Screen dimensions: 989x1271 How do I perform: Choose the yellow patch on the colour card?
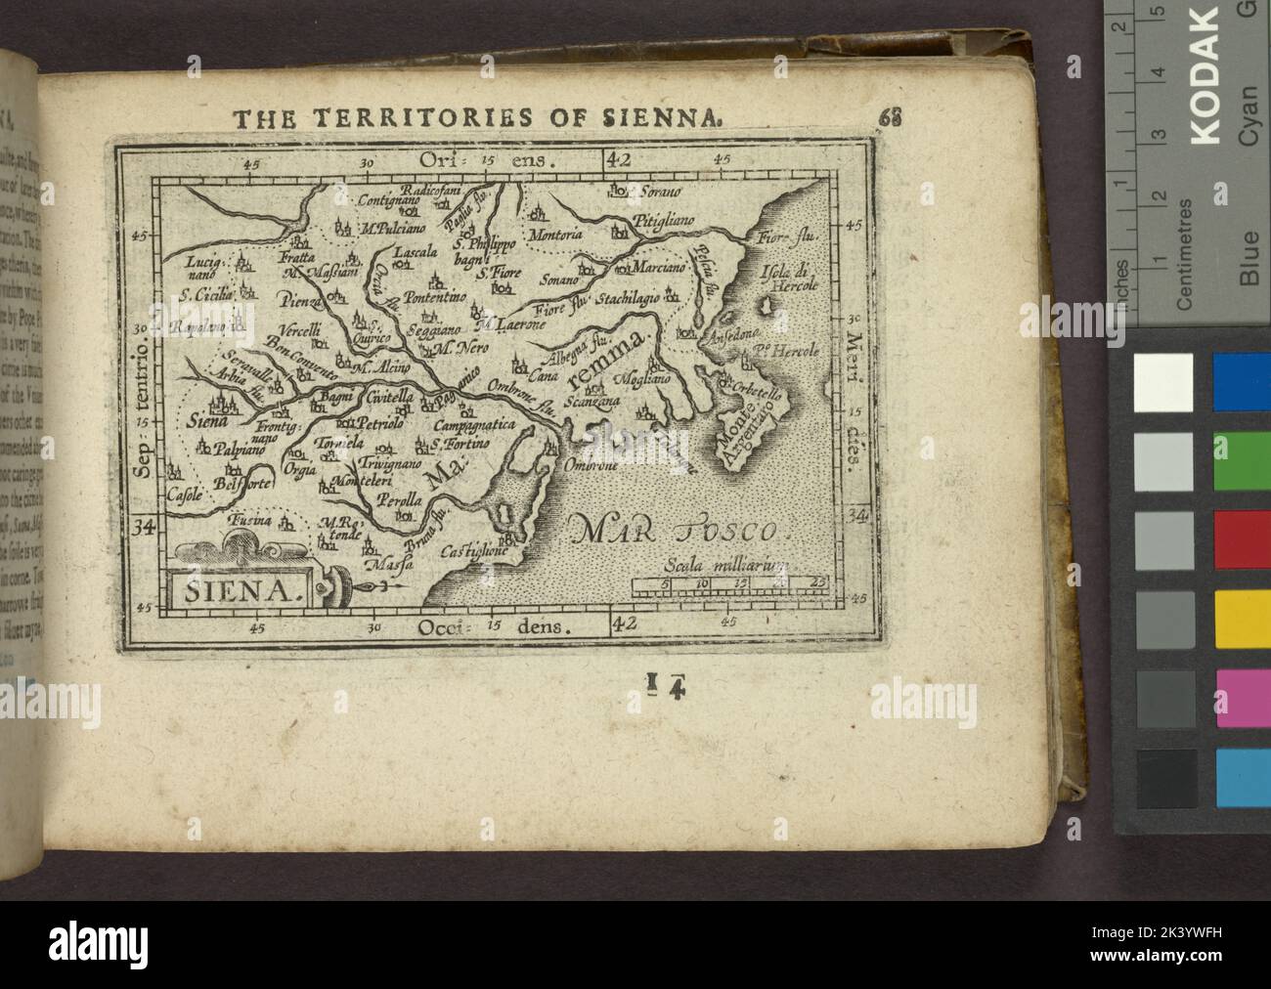click(1242, 618)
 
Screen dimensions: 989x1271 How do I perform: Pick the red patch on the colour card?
click(1242, 538)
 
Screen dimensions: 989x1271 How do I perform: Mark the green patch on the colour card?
click(1242, 460)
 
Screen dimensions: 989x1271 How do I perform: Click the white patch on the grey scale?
click(1163, 382)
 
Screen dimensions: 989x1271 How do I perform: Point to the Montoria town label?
click(554, 235)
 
